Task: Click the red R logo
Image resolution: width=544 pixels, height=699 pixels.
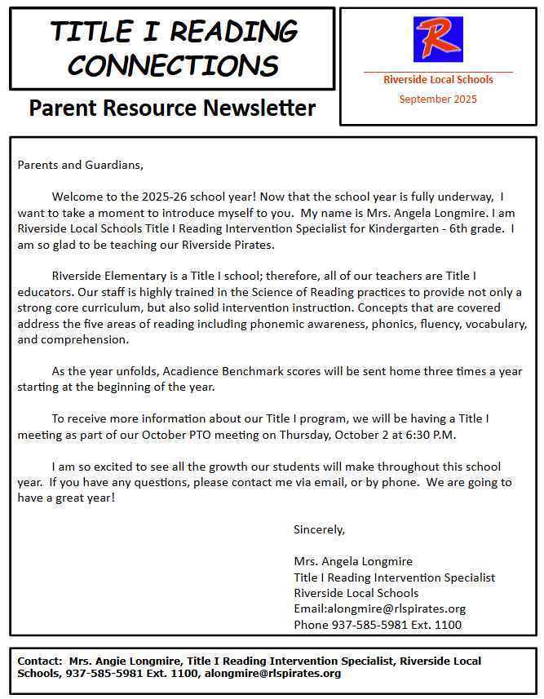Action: click(x=438, y=39)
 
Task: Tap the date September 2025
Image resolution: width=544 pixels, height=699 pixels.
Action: click(x=438, y=100)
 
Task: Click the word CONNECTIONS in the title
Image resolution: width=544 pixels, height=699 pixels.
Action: click(x=173, y=64)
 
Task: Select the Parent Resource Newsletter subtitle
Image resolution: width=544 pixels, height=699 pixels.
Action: click(x=172, y=108)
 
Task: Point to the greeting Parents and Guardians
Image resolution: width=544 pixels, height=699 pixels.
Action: click(x=80, y=165)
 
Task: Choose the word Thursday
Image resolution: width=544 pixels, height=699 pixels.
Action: click(x=307, y=435)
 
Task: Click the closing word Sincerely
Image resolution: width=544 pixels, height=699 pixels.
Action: click(x=319, y=529)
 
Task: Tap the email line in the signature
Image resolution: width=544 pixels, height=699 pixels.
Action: click(x=379, y=609)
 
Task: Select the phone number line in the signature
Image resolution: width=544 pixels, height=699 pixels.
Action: click(x=378, y=625)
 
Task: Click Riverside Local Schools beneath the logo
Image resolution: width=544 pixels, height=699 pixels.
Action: click(x=438, y=80)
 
